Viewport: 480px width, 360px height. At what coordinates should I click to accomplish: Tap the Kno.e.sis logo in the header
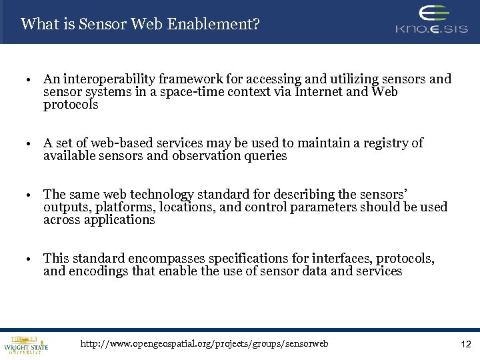click(431, 20)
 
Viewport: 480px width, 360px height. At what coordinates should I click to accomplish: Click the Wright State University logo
click(26, 344)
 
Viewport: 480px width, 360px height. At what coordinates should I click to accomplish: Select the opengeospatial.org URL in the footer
click(204, 344)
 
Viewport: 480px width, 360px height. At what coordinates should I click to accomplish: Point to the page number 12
click(465, 345)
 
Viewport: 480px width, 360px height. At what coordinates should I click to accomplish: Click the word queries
click(265, 156)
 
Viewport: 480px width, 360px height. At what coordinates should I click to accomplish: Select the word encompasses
click(167, 259)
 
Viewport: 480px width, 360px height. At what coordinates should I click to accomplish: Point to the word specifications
click(254, 259)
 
